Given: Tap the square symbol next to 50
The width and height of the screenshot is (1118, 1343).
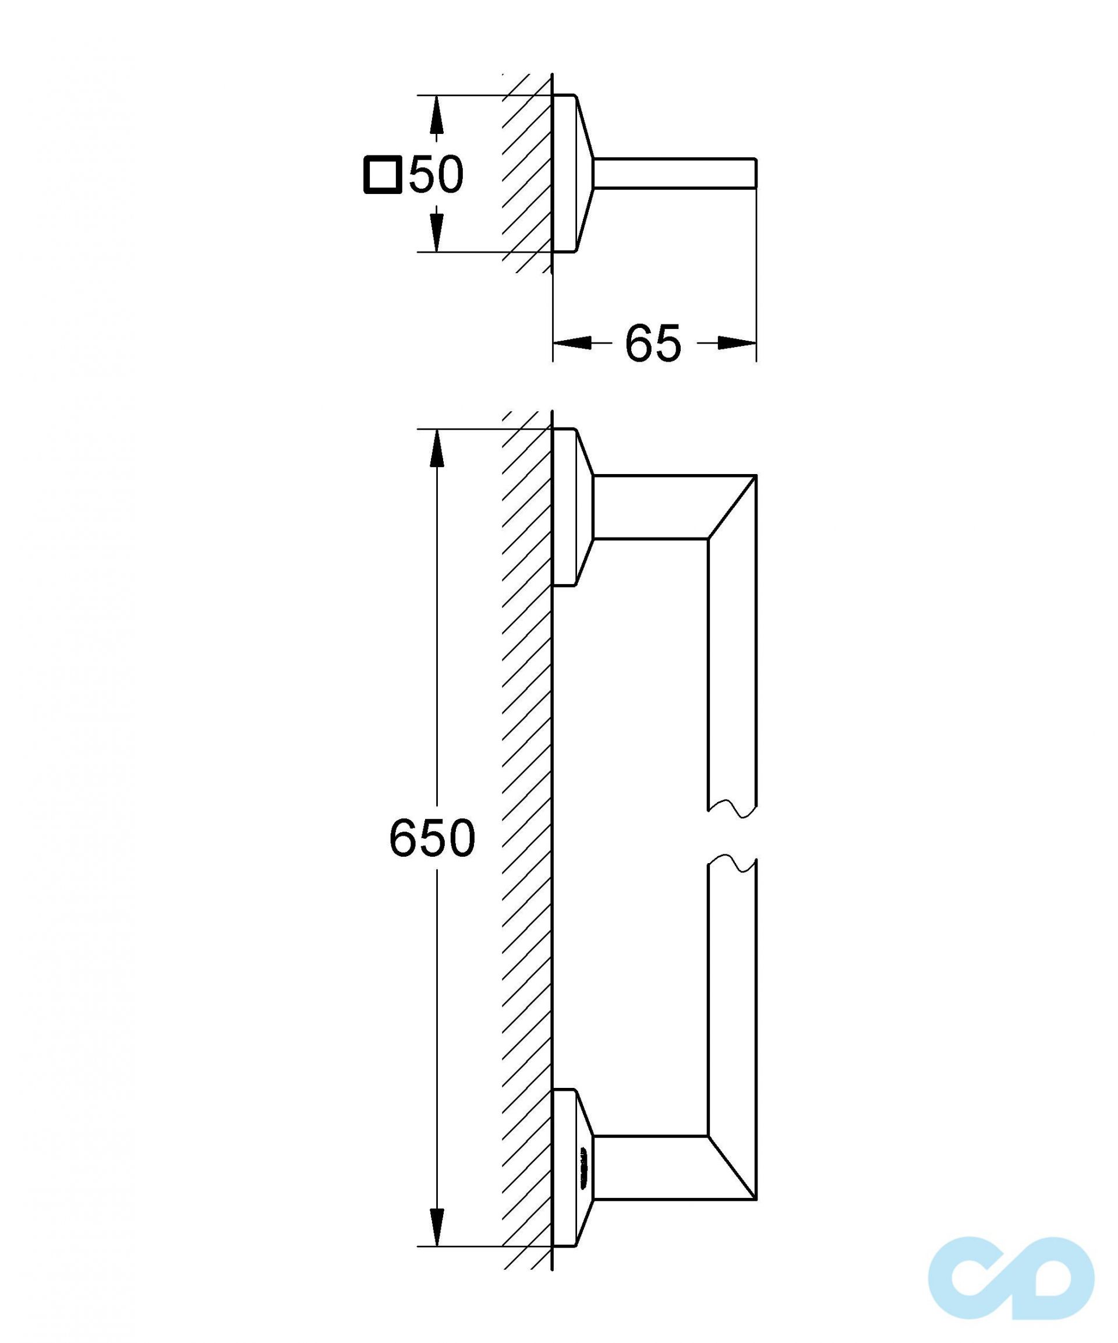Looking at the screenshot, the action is pyautogui.click(x=383, y=175).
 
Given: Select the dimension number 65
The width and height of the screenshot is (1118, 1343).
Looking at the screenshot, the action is pyautogui.click(x=653, y=344).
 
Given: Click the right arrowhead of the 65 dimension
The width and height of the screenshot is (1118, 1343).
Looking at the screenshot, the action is pyautogui.click(x=737, y=344).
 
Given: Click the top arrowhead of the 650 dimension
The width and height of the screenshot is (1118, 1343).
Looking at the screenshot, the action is pyautogui.click(x=436, y=449).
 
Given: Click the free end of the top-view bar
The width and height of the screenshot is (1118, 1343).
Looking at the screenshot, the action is pyautogui.click(x=756, y=174).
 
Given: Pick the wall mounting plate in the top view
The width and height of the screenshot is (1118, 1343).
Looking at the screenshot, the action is pyautogui.click(x=573, y=174).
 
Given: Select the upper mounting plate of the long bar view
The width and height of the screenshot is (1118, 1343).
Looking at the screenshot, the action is pyautogui.click(x=573, y=507).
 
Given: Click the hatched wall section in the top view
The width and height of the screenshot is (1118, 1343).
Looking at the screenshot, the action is pyautogui.click(x=527, y=174).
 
